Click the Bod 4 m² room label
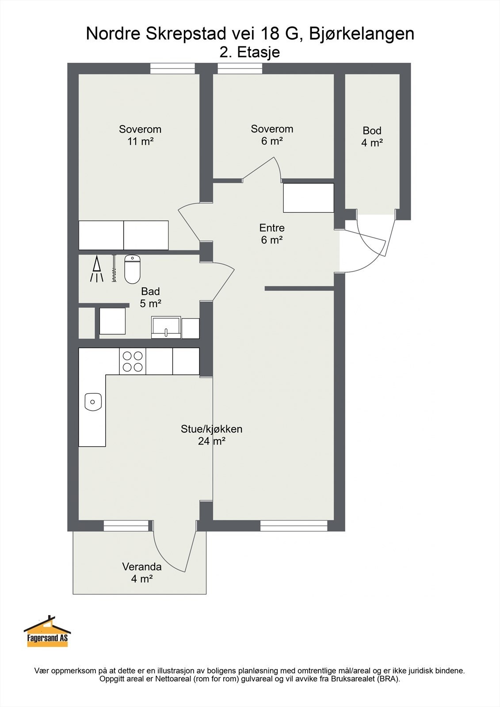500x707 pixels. tap(372, 137)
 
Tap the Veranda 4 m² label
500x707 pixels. tap(142, 573)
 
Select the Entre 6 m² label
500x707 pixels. tap(272, 234)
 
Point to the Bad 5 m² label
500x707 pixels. tap(151, 297)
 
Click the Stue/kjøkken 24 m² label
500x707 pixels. tap(212, 435)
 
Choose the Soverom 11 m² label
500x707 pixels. tap(140, 135)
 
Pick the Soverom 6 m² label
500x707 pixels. tap(272, 135)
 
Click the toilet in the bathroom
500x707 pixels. tap(132, 269)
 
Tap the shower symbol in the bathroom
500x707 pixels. tap(96, 269)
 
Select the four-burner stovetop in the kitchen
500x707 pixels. tap(133, 361)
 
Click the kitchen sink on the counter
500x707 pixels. tap(93, 402)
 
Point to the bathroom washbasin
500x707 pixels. tap(166, 327)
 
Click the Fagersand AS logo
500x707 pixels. tap(47, 631)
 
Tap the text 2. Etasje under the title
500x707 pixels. tap(249, 53)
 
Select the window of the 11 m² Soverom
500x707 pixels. tap(172, 69)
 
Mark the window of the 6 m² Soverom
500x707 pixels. tap(240, 69)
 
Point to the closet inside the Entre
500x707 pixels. tap(309, 198)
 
